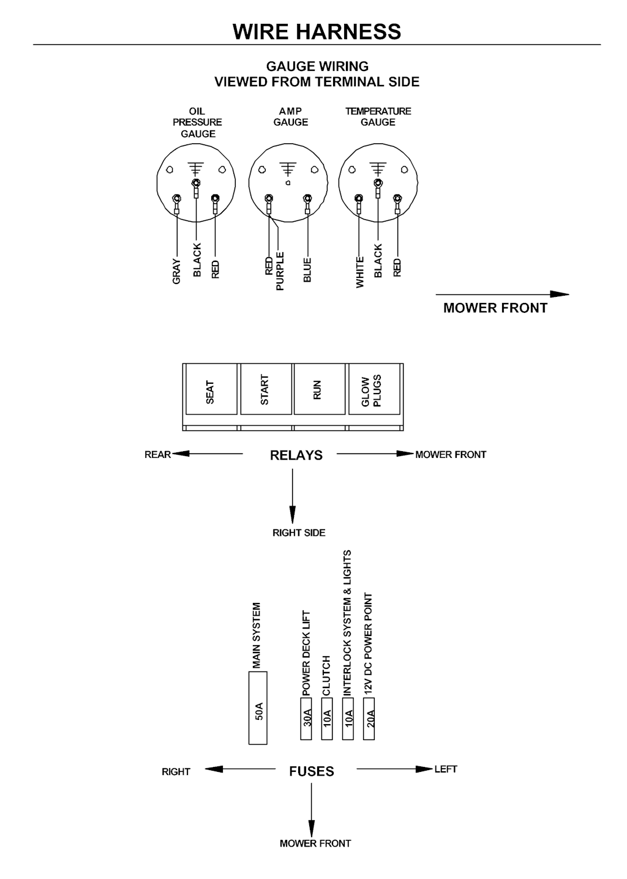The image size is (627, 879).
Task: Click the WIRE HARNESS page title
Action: point(317,31)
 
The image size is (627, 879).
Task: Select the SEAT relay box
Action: point(211,389)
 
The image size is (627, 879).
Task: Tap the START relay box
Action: point(266,389)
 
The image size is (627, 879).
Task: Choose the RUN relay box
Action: point(320,389)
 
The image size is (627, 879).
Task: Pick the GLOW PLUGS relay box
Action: point(374,389)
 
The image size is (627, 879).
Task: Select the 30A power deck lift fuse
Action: point(306,719)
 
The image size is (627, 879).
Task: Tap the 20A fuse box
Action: point(369,719)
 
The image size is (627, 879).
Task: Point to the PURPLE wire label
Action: point(280,271)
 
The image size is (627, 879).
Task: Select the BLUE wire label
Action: point(307,270)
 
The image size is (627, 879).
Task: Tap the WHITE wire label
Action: point(359,272)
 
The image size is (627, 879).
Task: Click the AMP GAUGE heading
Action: point(290,116)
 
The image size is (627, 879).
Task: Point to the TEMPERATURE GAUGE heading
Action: point(378,116)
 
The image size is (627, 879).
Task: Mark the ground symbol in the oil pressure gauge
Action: point(196,168)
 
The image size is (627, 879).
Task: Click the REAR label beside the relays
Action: point(157,454)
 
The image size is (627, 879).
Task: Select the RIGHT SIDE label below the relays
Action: point(299,533)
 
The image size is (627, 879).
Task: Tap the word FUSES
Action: point(311,771)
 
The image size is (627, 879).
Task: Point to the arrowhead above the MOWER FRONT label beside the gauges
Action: point(560,294)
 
